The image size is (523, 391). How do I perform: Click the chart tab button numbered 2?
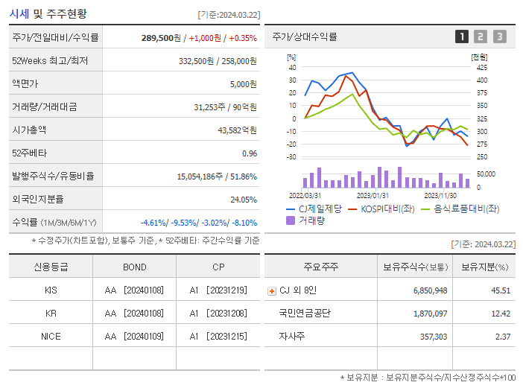click(x=481, y=36)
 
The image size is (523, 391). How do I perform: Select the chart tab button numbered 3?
click(x=499, y=36)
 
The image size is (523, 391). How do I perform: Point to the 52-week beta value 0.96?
click(x=249, y=153)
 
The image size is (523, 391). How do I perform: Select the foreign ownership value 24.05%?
click(x=244, y=199)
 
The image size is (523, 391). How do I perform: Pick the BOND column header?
click(x=135, y=267)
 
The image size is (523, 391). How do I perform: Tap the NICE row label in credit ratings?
click(x=51, y=337)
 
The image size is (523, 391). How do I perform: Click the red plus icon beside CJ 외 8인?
click(x=272, y=290)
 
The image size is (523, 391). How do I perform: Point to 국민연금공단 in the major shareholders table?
click(x=304, y=314)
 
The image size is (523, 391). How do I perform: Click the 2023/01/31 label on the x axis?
click(x=370, y=194)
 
